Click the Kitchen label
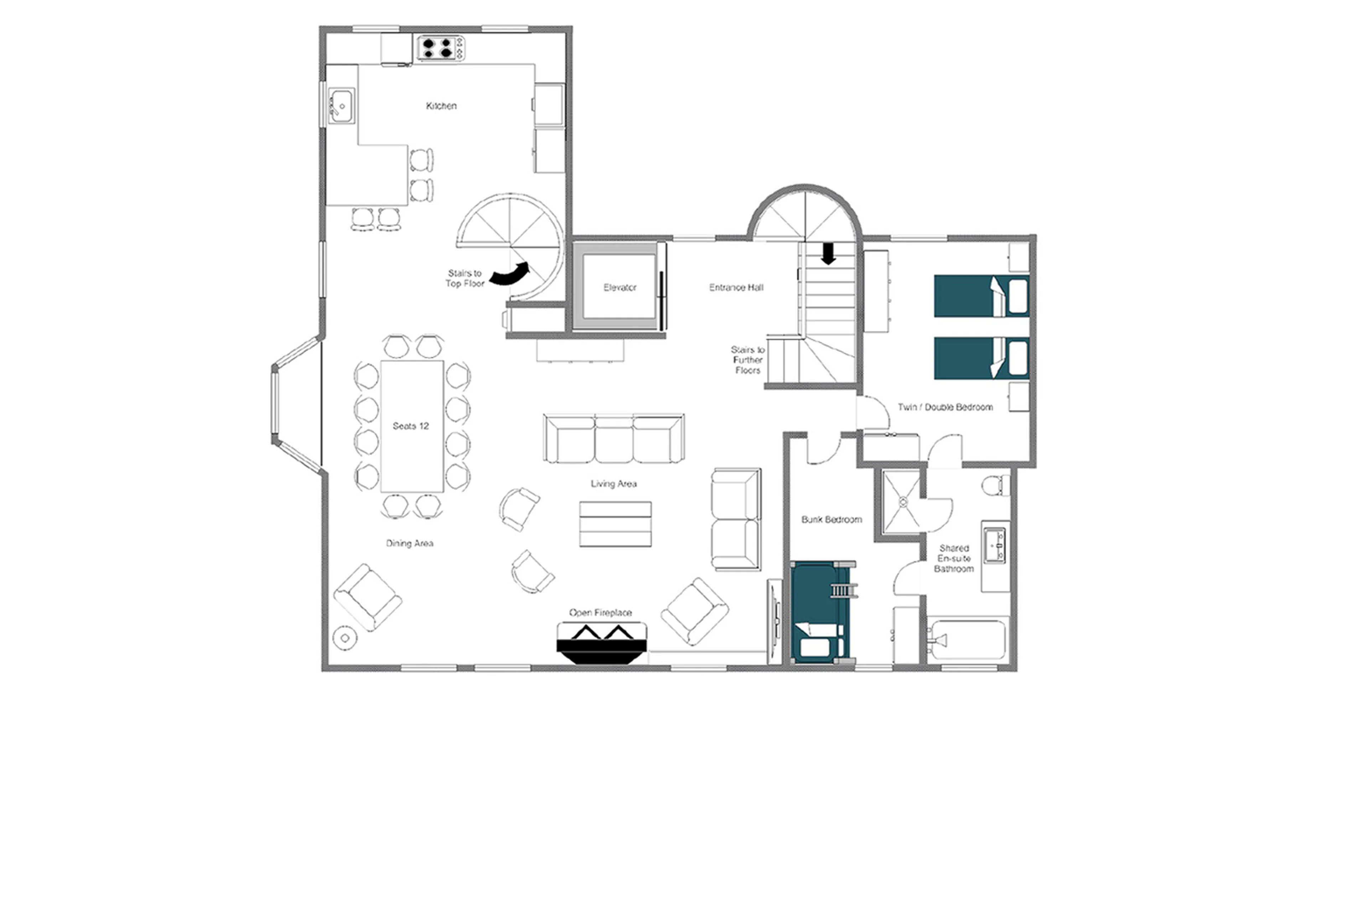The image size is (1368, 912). pos(441,106)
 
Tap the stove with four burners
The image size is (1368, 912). pos(440,48)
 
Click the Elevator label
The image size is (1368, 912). pos(620,287)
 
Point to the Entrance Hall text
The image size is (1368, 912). pos(736,287)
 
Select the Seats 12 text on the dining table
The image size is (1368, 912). pos(410,426)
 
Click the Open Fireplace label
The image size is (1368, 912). pos(600,613)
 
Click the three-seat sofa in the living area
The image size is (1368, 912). pos(613,439)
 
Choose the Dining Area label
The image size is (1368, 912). pos(409,543)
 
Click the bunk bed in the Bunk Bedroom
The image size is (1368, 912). pos(821,612)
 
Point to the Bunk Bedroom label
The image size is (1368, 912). pos(831,519)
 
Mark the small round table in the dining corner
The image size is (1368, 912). pos(345,638)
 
